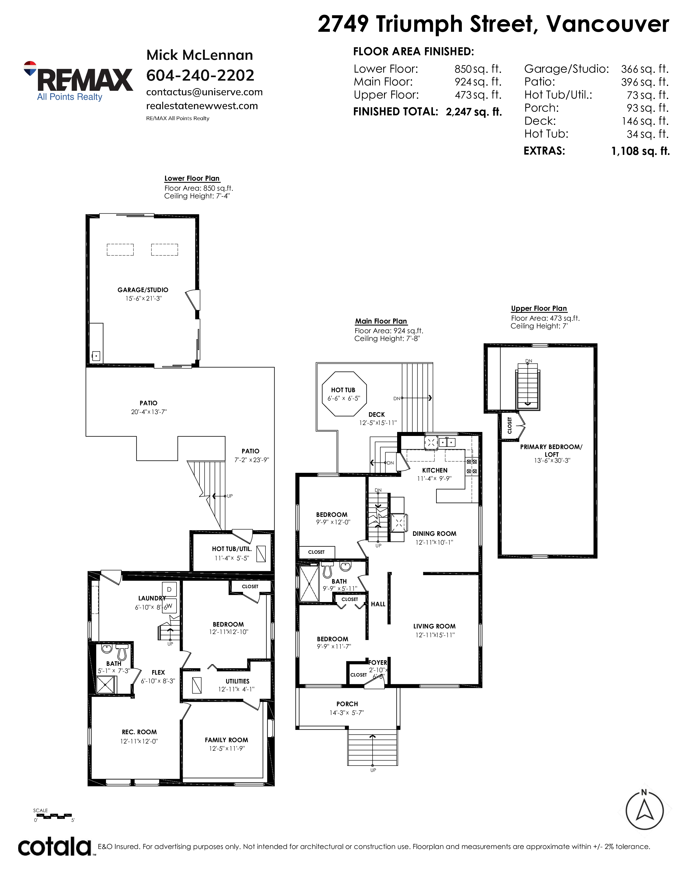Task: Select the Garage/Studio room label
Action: pos(143,290)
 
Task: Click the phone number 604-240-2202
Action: pos(200,75)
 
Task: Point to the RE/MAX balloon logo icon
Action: pos(30,69)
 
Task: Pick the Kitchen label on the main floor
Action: pos(435,470)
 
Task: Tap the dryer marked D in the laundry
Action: pos(169,589)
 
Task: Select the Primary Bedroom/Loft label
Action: pos(551,450)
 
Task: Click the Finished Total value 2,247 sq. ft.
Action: pos(474,112)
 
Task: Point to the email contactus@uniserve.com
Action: pos(204,92)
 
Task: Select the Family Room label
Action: pos(226,740)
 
